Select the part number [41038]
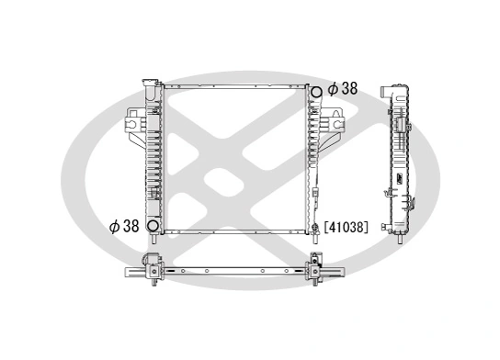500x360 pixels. pos(347,226)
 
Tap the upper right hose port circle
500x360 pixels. pos(315,91)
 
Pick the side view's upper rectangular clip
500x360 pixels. pos(402,124)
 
